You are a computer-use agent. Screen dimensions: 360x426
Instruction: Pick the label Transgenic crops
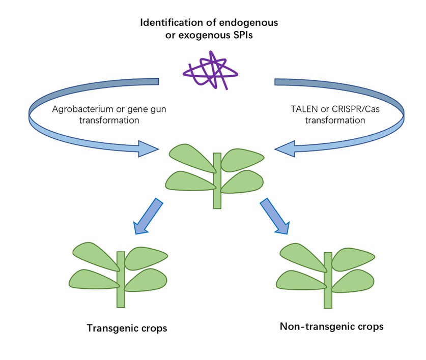tap(127, 328)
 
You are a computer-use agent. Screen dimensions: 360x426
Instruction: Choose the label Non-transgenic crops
tap(332, 326)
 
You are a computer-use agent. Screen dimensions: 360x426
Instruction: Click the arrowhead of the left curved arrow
tap(148, 148)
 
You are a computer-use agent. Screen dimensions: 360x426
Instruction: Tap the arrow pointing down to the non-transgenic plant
tap(275, 216)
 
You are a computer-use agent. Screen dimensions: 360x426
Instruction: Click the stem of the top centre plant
tap(217, 181)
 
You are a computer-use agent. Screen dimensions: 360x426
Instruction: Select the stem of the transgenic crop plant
tap(121, 279)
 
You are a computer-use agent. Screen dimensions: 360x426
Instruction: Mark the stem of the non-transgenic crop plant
tap(328, 280)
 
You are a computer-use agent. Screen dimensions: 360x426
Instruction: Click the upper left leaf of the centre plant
tap(192, 157)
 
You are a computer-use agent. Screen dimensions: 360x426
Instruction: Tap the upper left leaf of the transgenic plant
tap(96, 255)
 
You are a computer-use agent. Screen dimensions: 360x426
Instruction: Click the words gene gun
tap(148, 109)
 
